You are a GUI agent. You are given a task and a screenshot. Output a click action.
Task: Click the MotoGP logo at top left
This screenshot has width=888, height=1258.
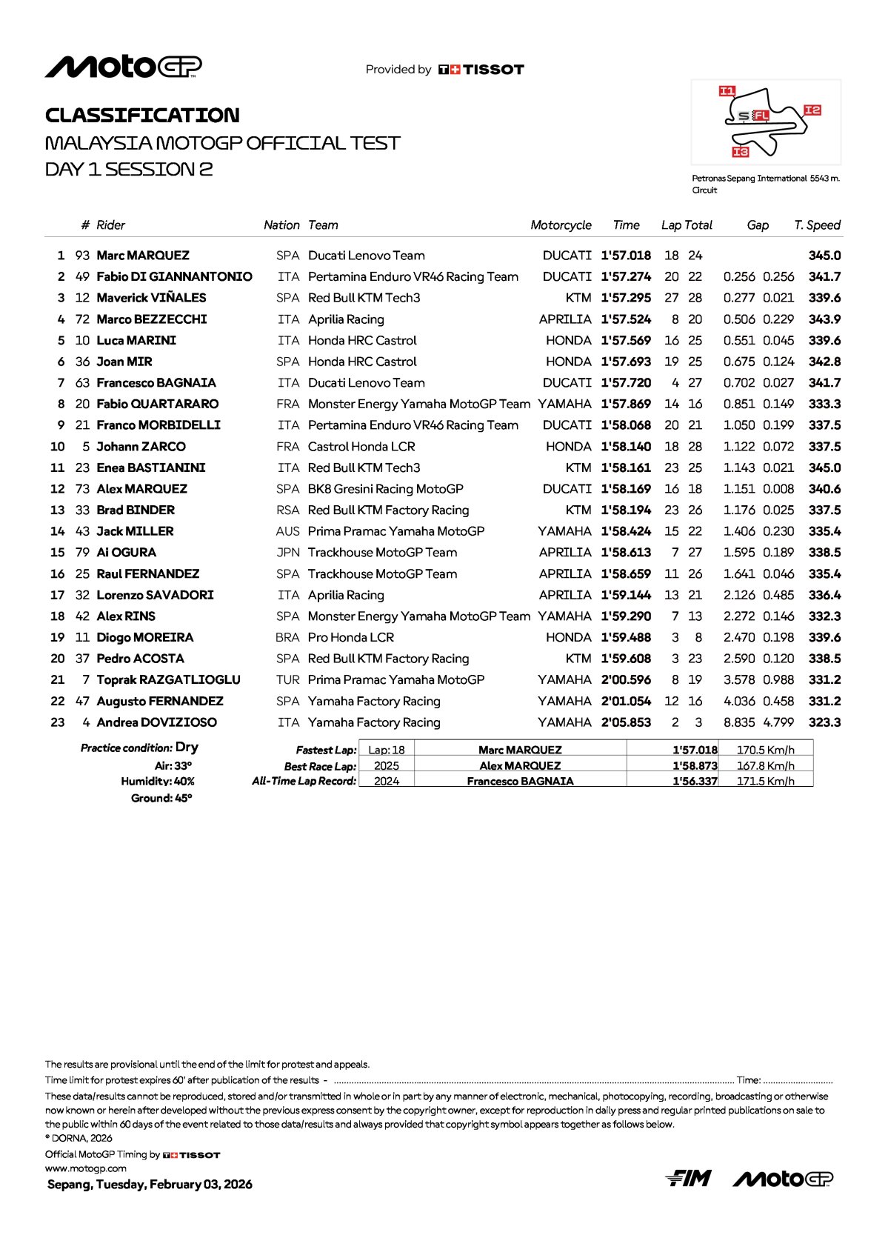pos(123,67)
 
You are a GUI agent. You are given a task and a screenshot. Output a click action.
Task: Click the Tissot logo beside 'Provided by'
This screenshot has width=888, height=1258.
pos(481,70)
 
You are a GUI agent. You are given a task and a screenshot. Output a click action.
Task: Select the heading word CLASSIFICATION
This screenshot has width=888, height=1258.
pos(142,116)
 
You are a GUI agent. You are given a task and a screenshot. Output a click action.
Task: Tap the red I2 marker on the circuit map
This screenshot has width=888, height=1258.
pos(812,110)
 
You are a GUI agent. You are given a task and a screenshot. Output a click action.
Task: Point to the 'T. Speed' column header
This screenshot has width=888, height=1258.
pos(817,225)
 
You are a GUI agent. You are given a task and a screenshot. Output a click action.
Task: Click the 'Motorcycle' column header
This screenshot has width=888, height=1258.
pos(561,225)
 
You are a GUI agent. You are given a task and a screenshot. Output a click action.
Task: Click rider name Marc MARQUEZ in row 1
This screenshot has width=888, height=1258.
pos(143,256)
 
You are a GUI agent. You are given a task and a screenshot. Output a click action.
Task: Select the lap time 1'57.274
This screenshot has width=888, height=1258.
pos(626,276)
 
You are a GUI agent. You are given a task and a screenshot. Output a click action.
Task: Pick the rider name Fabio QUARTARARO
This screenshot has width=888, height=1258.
pos(158,404)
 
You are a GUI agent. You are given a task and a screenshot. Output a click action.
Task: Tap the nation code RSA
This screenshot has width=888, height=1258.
pos(287,510)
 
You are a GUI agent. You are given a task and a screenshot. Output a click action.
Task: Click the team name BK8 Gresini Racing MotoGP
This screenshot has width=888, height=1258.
pos(385,489)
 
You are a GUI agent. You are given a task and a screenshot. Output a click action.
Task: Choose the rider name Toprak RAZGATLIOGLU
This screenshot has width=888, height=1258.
pos(168,680)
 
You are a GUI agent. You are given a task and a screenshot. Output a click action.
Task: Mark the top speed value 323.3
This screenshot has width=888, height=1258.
pos(824,722)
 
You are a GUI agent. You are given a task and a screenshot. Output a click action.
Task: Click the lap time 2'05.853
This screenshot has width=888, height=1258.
pos(626,722)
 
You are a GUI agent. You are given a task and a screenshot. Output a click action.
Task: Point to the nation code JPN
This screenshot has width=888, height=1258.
pos(288,553)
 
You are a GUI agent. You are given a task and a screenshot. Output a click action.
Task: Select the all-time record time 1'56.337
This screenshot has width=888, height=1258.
pos(695,781)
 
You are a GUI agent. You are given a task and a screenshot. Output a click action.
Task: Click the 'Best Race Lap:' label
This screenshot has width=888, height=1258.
pos(320,766)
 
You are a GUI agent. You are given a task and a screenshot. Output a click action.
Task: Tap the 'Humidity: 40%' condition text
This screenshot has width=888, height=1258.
pos(158,782)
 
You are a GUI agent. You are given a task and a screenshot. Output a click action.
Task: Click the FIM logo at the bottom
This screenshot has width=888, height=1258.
pos(688,1178)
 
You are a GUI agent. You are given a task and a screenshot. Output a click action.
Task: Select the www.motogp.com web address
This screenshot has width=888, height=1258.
pos(86,1168)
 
